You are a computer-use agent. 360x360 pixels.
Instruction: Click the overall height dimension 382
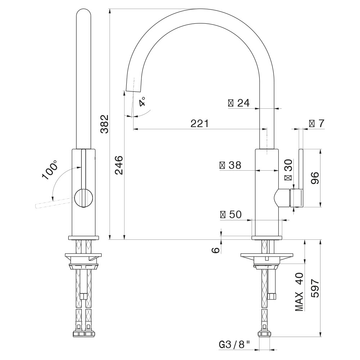105,124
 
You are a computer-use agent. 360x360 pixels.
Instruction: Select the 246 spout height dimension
119,165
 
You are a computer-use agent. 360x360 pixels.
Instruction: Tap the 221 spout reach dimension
199,123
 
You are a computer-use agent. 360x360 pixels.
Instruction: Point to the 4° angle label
143,102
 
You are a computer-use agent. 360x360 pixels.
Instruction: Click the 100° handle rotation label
50,170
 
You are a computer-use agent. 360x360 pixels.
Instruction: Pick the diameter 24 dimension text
239,103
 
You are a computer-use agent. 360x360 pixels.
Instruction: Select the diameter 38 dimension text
230,165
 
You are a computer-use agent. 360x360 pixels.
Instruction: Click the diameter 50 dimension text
231,215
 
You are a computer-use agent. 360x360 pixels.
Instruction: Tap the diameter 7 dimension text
316,123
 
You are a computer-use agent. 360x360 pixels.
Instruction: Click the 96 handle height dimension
315,178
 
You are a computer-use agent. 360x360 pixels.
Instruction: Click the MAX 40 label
299,292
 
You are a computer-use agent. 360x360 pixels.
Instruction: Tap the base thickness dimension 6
216,250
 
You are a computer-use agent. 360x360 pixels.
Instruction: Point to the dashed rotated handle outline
55,203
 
